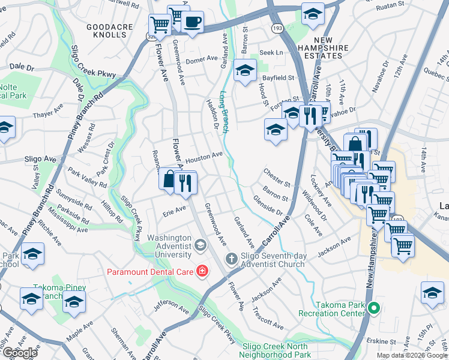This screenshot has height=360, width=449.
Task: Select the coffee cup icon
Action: [x=192, y=23]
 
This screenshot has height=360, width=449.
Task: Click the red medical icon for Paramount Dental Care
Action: [x=202, y=272]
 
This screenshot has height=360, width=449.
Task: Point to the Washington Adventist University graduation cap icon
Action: [x=200, y=244]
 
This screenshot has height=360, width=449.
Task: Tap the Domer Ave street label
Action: [x=201, y=59]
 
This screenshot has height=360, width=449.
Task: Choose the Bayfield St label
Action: [x=278, y=77]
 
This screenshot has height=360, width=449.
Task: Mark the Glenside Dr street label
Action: [x=267, y=205]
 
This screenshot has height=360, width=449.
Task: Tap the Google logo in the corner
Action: [x=19, y=353]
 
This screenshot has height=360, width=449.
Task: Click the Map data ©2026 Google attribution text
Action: [x=412, y=355]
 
